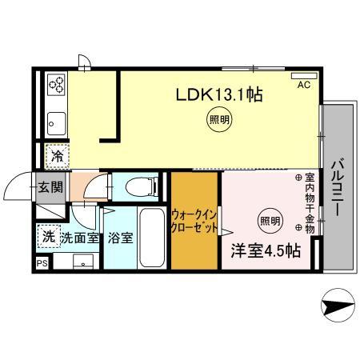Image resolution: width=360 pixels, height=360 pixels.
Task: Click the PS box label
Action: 41,262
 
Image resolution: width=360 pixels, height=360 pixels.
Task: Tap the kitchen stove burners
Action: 56,83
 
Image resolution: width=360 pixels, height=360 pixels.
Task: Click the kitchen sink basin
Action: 56,122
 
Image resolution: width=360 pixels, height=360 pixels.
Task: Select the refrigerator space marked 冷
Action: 57,155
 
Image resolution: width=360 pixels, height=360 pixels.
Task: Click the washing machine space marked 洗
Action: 49,237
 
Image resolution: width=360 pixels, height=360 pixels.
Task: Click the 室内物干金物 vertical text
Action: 310,204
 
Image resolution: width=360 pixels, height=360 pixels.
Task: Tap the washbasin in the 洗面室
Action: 82,261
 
